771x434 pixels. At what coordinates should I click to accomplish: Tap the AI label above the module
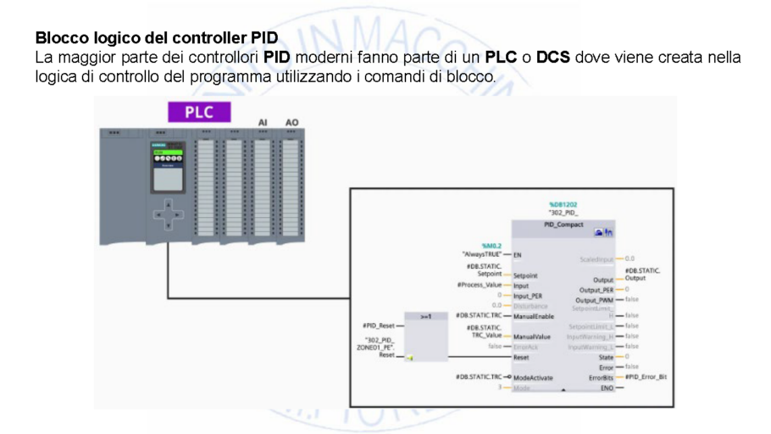click(x=263, y=123)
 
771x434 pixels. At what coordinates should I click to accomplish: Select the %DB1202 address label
click(x=563, y=205)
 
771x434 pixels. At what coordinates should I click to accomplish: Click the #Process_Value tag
click(x=480, y=285)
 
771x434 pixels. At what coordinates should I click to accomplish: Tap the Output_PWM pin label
click(x=594, y=300)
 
